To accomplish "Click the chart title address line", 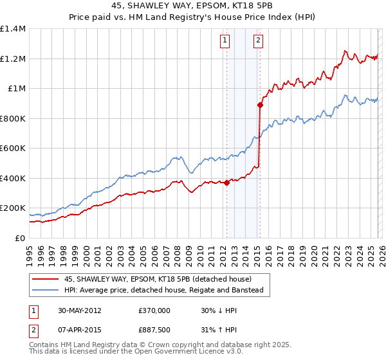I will point(192,6).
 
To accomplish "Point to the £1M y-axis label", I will point(17,89).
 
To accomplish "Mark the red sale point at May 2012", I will point(226,183).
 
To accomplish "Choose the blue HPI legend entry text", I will point(164,291).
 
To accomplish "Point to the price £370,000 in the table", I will point(154,310).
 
